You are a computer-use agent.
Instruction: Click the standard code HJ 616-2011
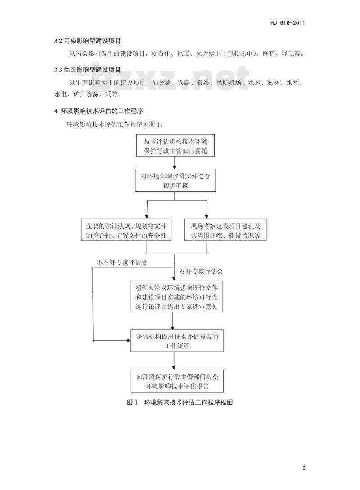(287, 23)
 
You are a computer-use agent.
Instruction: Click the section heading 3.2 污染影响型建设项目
(87, 40)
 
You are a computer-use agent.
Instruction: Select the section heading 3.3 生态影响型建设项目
(87, 70)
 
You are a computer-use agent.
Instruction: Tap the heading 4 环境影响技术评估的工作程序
(99, 111)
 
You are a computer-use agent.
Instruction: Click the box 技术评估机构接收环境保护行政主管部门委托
(175, 146)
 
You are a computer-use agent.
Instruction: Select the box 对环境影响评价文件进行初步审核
(175, 180)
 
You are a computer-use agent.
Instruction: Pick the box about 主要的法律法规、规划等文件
(126, 230)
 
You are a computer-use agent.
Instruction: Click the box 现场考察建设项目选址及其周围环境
(225, 230)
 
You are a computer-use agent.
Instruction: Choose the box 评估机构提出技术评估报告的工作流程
(177, 340)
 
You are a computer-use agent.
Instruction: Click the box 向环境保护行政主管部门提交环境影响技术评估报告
(177, 381)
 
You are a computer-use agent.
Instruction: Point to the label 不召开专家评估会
(122, 263)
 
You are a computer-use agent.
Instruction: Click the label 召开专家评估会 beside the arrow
(201, 271)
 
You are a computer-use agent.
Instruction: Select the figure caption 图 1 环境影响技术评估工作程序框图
(180, 402)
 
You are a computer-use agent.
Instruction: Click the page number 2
(304, 468)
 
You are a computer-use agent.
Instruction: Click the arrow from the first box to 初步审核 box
(175, 163)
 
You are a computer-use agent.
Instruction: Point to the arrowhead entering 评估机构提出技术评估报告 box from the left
(129, 340)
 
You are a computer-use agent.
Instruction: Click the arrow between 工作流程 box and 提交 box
(174, 361)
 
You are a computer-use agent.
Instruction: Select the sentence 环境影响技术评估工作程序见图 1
(115, 125)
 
